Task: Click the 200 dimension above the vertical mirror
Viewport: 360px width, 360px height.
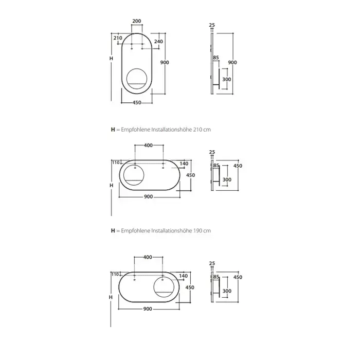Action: click(137, 21)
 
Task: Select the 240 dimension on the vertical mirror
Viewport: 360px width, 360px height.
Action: click(158, 41)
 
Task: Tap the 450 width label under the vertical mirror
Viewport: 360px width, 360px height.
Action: click(137, 103)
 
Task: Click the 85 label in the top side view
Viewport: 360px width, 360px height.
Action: click(216, 58)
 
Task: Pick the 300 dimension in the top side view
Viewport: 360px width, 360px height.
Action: click(227, 79)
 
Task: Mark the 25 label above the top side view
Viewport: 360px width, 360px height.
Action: click(212, 25)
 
